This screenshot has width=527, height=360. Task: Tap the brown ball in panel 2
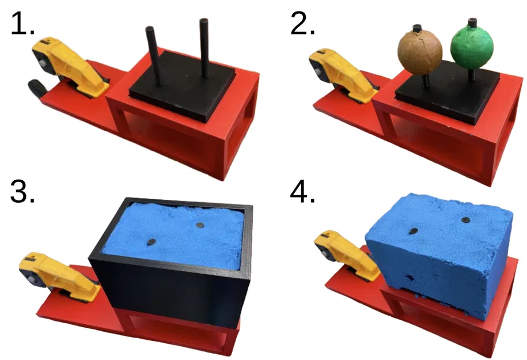pyautogui.click(x=420, y=52)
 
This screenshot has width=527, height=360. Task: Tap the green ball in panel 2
pyautogui.click(x=472, y=47)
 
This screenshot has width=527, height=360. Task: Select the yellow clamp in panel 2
pyautogui.click(x=343, y=74)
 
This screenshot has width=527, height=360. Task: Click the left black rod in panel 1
pyautogui.click(x=154, y=55)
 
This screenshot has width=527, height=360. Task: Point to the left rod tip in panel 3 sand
pyautogui.click(x=151, y=242)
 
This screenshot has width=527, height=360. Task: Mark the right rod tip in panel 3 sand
pyautogui.click(x=199, y=225)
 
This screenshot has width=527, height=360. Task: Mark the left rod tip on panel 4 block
pyautogui.click(x=412, y=232)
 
